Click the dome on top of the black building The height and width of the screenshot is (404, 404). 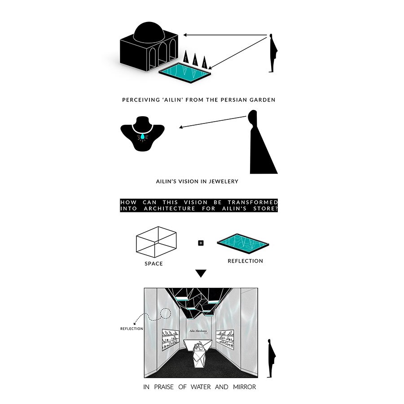(149, 33)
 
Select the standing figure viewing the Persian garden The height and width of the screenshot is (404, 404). (272, 53)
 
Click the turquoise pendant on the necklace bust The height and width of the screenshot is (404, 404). (142, 137)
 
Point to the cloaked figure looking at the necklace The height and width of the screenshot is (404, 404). (260, 142)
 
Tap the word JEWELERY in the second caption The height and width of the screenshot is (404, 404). (224, 181)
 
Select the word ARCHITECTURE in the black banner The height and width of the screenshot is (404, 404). (169, 208)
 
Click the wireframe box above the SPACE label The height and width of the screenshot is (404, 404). (156, 242)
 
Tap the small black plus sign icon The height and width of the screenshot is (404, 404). (201, 243)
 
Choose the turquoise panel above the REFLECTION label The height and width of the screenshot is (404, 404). (243, 243)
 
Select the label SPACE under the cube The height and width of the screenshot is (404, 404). (154, 263)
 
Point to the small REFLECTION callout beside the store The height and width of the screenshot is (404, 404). (132, 329)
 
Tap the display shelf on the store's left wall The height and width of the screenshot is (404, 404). (171, 340)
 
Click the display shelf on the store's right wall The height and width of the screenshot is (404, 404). (225, 339)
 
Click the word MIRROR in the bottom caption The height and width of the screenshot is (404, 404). (245, 387)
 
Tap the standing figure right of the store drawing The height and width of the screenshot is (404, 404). (271, 358)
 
